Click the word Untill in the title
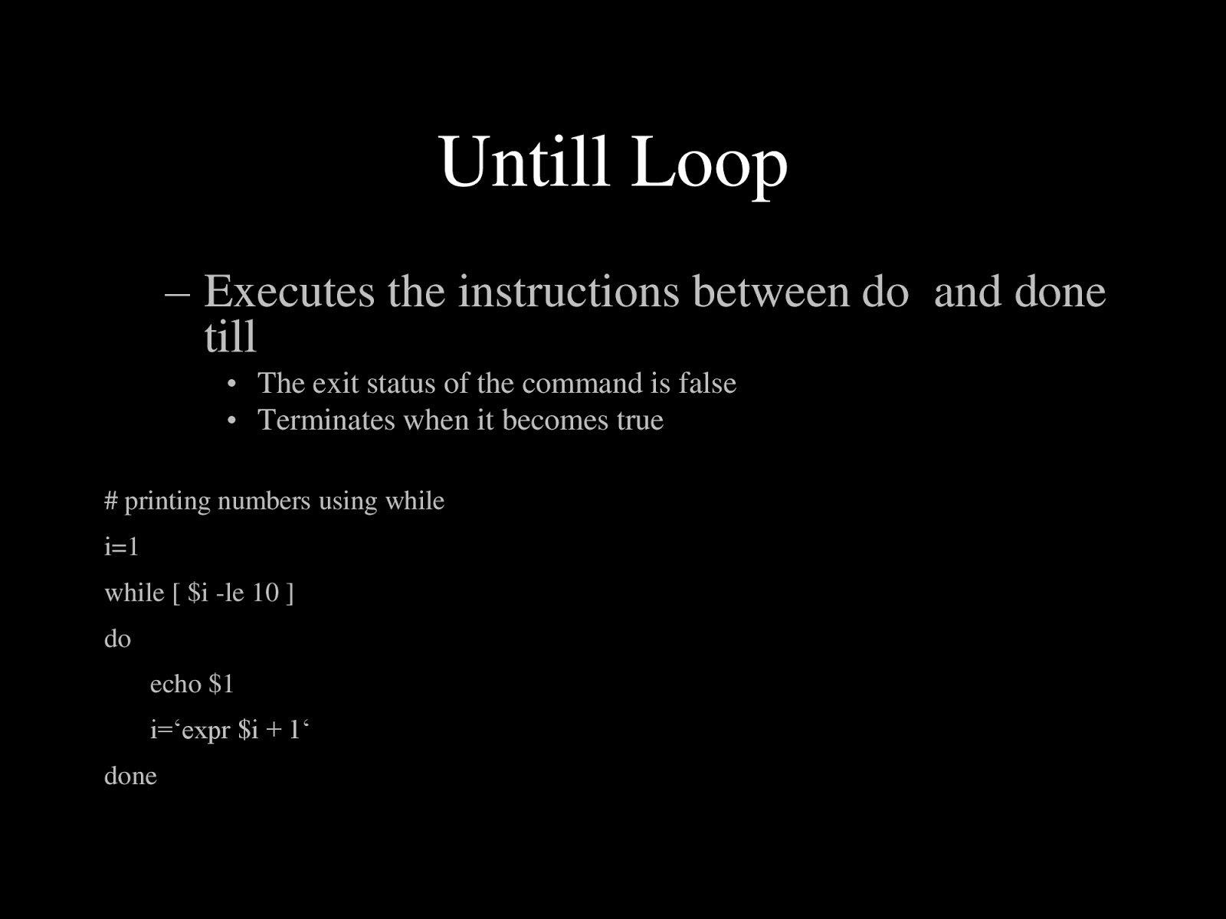pyautogui.click(x=524, y=162)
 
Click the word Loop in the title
pyautogui.click(x=709, y=162)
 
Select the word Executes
pyautogui.click(x=289, y=292)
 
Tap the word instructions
pyautogui.click(x=569, y=292)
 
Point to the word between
pyautogui.click(x=771, y=292)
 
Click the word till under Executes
pyautogui.click(x=230, y=336)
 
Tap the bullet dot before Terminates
pyautogui.click(x=233, y=420)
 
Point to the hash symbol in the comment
pyautogui.click(x=111, y=501)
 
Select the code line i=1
pyautogui.click(x=121, y=547)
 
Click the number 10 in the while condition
pyautogui.click(x=265, y=593)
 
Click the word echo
pyautogui.click(x=175, y=684)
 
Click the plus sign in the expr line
pyautogui.click(x=274, y=731)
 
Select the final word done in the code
pyautogui.click(x=130, y=776)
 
